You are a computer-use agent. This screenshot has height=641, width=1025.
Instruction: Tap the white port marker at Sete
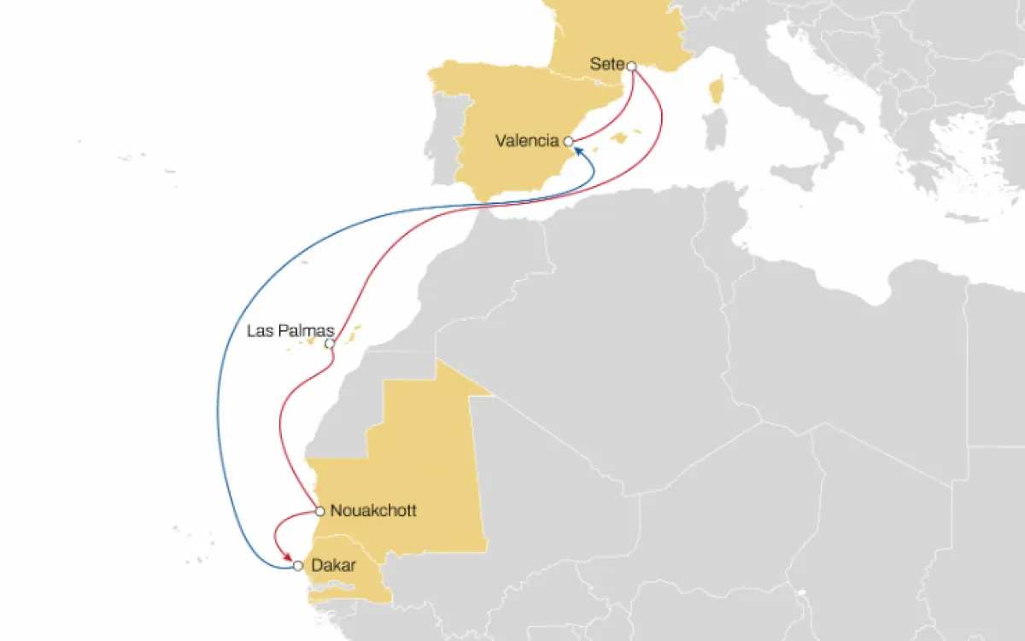point(631,66)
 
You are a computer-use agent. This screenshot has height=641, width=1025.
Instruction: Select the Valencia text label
point(526,141)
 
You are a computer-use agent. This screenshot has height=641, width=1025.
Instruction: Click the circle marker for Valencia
point(567,142)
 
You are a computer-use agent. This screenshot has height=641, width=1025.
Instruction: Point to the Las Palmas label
point(284,331)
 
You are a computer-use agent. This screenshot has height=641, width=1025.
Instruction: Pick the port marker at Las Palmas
point(330,343)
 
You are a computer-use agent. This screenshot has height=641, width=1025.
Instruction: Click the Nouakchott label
point(373,512)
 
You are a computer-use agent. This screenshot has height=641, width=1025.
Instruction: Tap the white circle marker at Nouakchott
point(319,512)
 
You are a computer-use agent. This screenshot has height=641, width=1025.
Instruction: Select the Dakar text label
point(334,565)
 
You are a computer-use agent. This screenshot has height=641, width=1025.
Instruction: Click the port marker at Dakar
point(297,565)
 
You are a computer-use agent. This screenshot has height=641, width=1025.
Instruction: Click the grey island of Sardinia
point(716,139)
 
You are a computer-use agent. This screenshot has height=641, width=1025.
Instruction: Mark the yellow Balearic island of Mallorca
point(632,136)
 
